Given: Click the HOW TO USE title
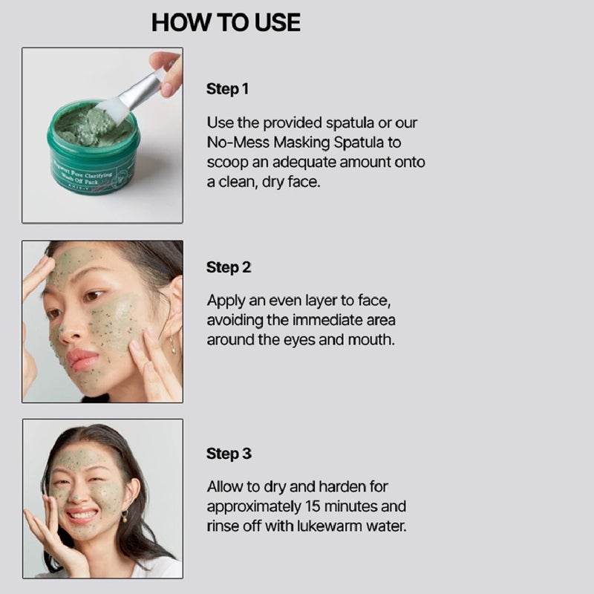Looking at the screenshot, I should point(226,22).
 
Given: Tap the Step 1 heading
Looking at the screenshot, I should point(227,89).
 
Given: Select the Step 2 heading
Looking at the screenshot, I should point(228,267).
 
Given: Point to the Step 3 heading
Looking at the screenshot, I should point(228,454).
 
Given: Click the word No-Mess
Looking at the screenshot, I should point(235,142).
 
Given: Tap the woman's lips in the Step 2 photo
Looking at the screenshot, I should point(82,360).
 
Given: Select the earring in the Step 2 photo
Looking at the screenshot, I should point(173,345).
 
